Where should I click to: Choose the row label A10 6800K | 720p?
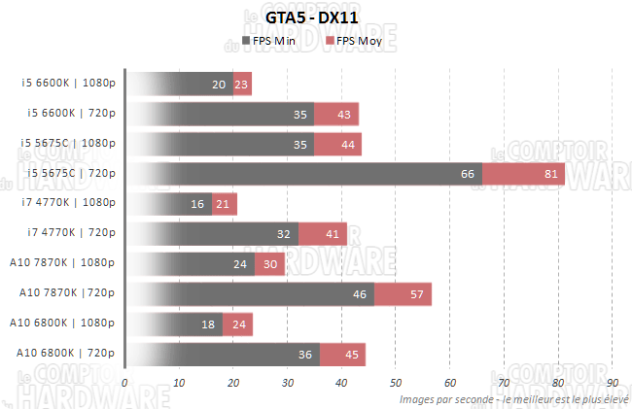click(66, 353)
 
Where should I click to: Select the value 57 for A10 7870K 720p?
click(418, 294)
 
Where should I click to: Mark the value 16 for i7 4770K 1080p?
click(197, 204)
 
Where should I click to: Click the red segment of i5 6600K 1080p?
click(243, 85)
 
